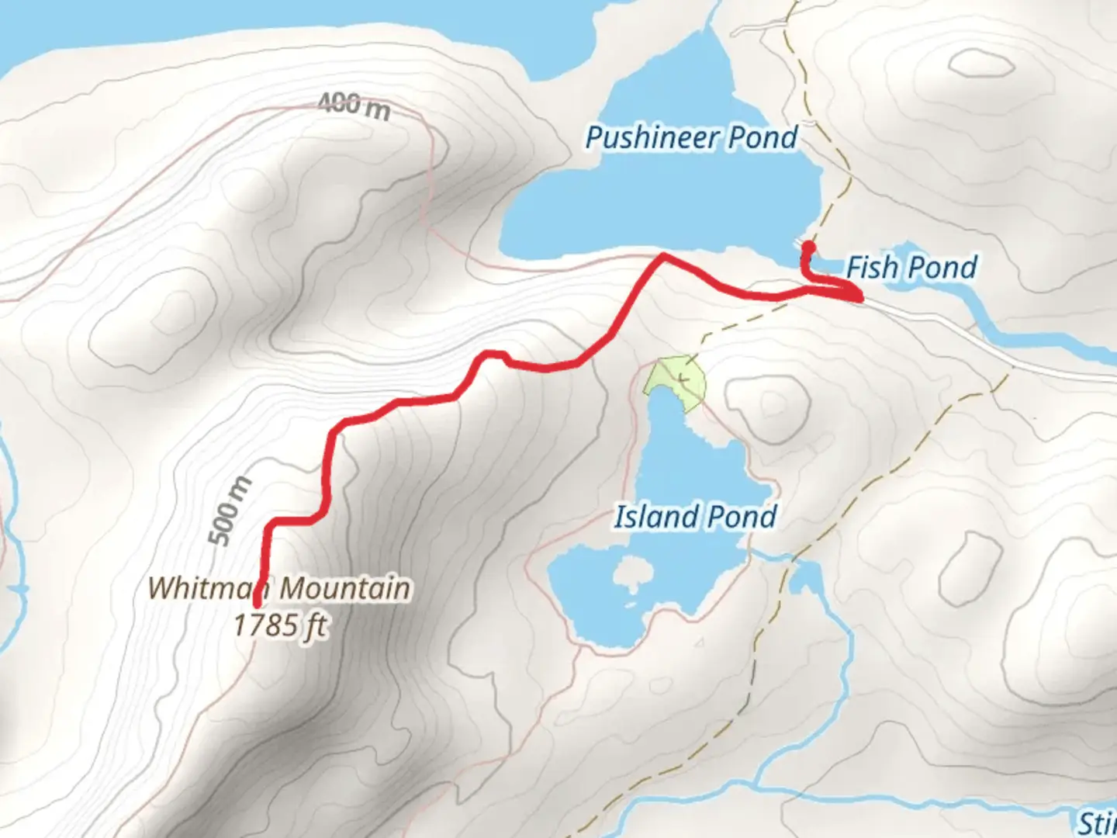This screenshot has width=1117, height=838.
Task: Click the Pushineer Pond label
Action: click(x=691, y=138)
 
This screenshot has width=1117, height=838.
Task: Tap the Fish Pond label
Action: click(x=911, y=268)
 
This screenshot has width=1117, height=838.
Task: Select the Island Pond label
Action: click(x=695, y=517)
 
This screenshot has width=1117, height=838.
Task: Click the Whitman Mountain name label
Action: click(x=278, y=587)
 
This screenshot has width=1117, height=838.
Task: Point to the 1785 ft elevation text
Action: click(x=279, y=625)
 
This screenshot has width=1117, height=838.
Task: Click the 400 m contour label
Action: click(x=353, y=106)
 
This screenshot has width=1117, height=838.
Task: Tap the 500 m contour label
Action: click(x=231, y=510)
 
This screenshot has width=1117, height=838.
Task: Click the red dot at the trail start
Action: click(x=807, y=248)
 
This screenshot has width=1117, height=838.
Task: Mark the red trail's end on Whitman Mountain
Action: click(x=258, y=601)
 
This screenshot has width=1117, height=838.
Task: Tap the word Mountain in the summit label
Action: click(x=344, y=587)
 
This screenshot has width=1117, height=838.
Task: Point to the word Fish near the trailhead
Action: click(x=870, y=268)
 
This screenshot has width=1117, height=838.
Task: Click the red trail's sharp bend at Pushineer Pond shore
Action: click(x=662, y=255)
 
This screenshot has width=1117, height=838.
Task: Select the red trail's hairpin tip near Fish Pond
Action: click(x=859, y=297)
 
